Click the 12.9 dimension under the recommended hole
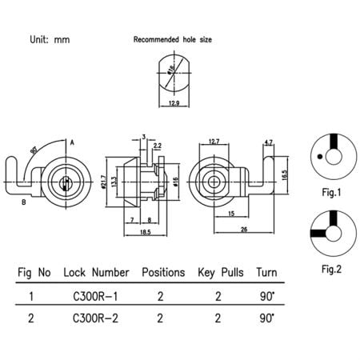[174, 104]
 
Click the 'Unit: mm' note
[50, 38]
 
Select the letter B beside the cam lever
[25, 203]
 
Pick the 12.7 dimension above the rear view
[214, 142]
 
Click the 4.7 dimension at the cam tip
[268, 142]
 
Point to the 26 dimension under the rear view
[242, 230]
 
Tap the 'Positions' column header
[162, 272]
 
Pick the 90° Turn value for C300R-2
[267, 318]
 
